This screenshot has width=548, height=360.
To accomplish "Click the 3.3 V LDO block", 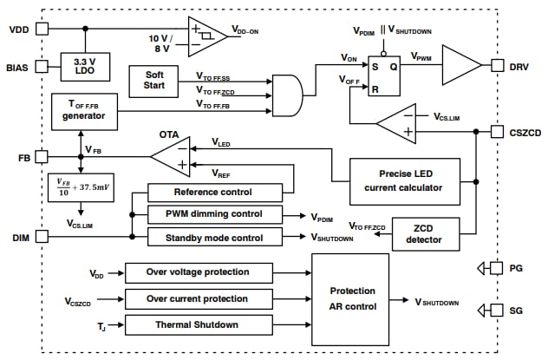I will click(x=84, y=65).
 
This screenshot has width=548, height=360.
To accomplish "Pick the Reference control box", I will click(x=214, y=193).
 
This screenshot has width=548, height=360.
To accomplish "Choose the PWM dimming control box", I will click(x=214, y=214).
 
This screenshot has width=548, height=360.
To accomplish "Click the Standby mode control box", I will click(x=214, y=237).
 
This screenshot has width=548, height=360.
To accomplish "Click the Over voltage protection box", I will click(x=199, y=273).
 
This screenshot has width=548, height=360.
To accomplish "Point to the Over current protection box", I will click(x=199, y=299).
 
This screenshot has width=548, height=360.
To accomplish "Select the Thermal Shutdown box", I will click(x=199, y=324).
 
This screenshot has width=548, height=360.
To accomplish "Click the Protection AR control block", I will click(x=352, y=298).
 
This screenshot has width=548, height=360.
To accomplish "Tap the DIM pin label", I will click(x=20, y=236).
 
